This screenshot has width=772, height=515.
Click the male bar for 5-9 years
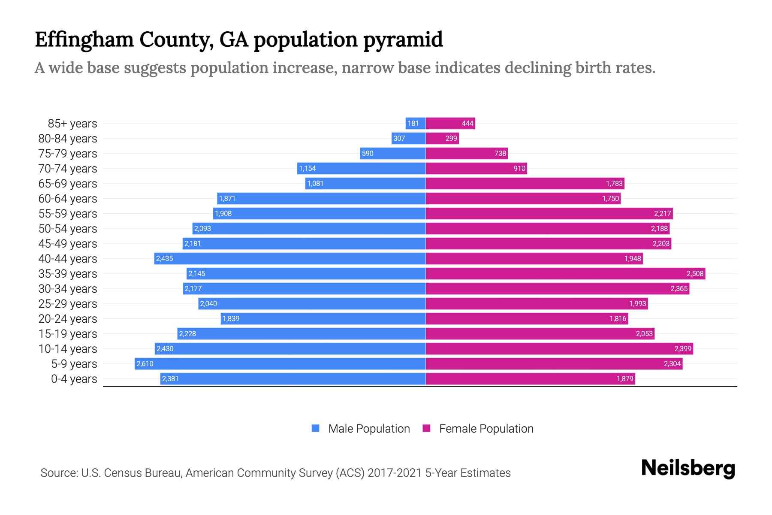coord(280,364)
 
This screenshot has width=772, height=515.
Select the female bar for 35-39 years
coord(565,273)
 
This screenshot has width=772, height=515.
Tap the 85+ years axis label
coord(72,124)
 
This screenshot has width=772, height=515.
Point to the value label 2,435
coord(165,258)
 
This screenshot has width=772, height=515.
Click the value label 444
coord(467,124)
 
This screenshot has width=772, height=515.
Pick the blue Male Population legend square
coord(316,428)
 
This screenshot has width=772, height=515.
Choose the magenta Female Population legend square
coord(426,428)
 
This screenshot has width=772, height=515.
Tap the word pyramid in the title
coord(403,39)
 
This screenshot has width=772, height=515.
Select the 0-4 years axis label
coord(74,379)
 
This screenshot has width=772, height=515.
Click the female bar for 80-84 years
coord(442,138)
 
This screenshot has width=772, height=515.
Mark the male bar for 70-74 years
coord(361,168)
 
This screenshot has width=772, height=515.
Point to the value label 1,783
coord(614,184)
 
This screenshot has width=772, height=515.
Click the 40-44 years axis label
coord(68,259)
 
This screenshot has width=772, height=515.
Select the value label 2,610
coord(145,364)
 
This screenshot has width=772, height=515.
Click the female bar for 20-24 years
coord(527,318)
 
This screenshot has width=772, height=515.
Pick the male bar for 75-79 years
coord(392,153)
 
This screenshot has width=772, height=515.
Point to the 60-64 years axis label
coord(68,199)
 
